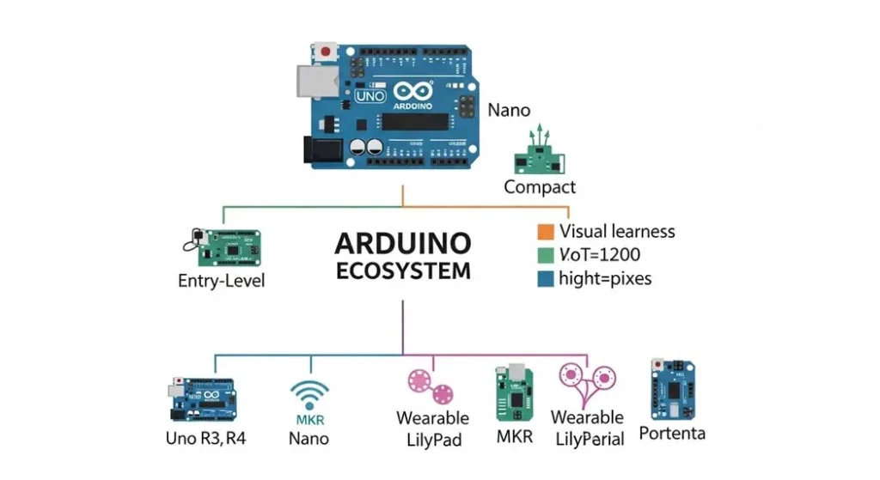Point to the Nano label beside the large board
tap(509, 111)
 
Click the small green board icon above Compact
tap(539, 155)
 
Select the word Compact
tap(540, 186)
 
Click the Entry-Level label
tap(222, 281)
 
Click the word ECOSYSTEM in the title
tap(403, 271)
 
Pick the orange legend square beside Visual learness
tap(544, 232)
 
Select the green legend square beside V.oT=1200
tap(544, 255)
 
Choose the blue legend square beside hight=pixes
tap(544, 279)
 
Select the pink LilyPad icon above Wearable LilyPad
tap(430, 386)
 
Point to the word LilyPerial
tap(587, 439)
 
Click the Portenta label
tap(672, 432)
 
